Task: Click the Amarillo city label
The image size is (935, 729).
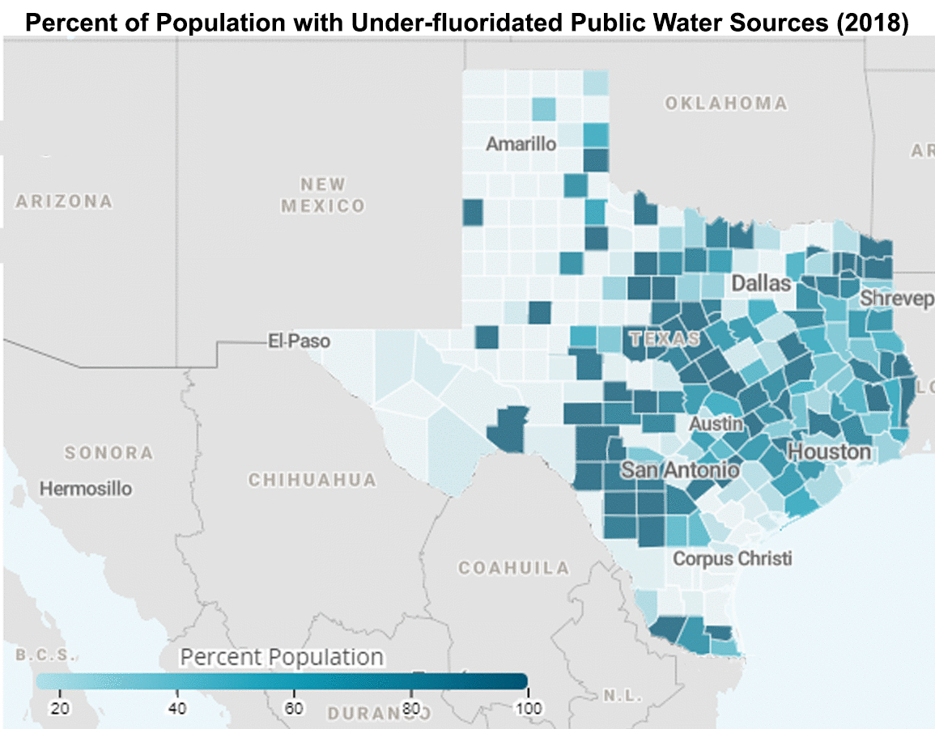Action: coord(521,144)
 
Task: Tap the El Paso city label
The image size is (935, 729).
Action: coord(299,341)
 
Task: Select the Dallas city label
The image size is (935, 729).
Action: coord(761,283)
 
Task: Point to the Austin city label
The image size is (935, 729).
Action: coord(716,424)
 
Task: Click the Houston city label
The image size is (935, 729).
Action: coord(829,451)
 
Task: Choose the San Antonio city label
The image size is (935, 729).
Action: coord(679,470)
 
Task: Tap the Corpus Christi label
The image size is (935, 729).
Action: coord(733,558)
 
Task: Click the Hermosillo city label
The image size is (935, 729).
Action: coord(86,489)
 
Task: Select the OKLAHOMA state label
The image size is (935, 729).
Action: coord(725,103)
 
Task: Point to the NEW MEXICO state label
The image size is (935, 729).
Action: coord(323,195)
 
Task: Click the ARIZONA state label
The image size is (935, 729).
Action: coord(64,201)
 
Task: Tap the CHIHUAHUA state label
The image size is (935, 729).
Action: coord(312,480)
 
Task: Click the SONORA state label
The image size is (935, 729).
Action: coord(108,452)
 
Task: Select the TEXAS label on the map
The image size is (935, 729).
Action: coord(664,340)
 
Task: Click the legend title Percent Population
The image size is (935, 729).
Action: coord(282,656)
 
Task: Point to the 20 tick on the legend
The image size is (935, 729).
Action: coord(59,709)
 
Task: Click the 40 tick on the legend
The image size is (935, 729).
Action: coord(176,709)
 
